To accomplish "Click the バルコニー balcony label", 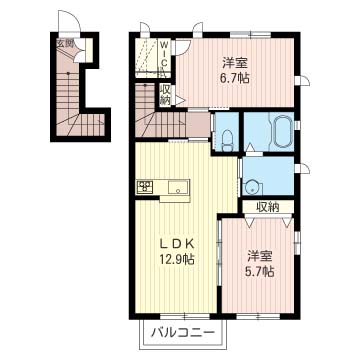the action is click(182, 332).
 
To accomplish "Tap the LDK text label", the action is click(176, 244).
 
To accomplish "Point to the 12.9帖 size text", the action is click(176, 259).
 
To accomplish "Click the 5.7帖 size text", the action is click(260, 272).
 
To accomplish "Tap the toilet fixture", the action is click(228, 140).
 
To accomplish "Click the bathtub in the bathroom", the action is click(283, 129).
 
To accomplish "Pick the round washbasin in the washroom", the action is click(250, 188).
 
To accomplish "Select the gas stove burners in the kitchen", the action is click(144, 186).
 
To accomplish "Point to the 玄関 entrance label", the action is click(64, 43).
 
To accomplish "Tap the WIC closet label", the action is click(166, 55).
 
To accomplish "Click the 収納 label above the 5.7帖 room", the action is click(267, 207).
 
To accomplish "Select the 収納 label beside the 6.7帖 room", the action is click(165, 95).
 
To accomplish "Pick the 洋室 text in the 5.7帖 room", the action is click(260, 256).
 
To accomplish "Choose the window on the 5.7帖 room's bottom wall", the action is click(259, 316).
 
